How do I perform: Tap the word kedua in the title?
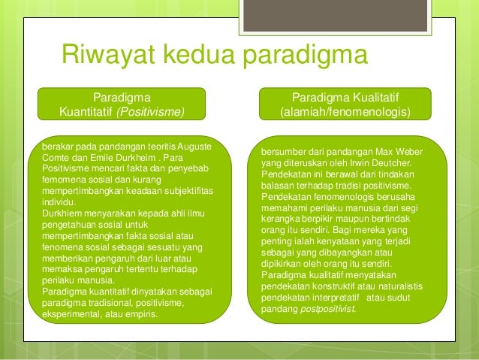pos(209,56)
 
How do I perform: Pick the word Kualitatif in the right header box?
pos(369,98)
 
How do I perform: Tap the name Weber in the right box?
pos(406,152)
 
